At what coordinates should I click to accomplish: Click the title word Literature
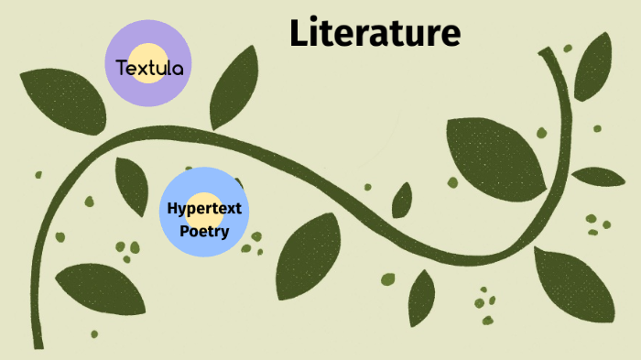click(375, 33)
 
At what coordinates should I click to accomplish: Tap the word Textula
click(150, 66)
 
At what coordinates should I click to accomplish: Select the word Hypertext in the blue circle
click(204, 208)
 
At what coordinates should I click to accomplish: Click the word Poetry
click(204, 230)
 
